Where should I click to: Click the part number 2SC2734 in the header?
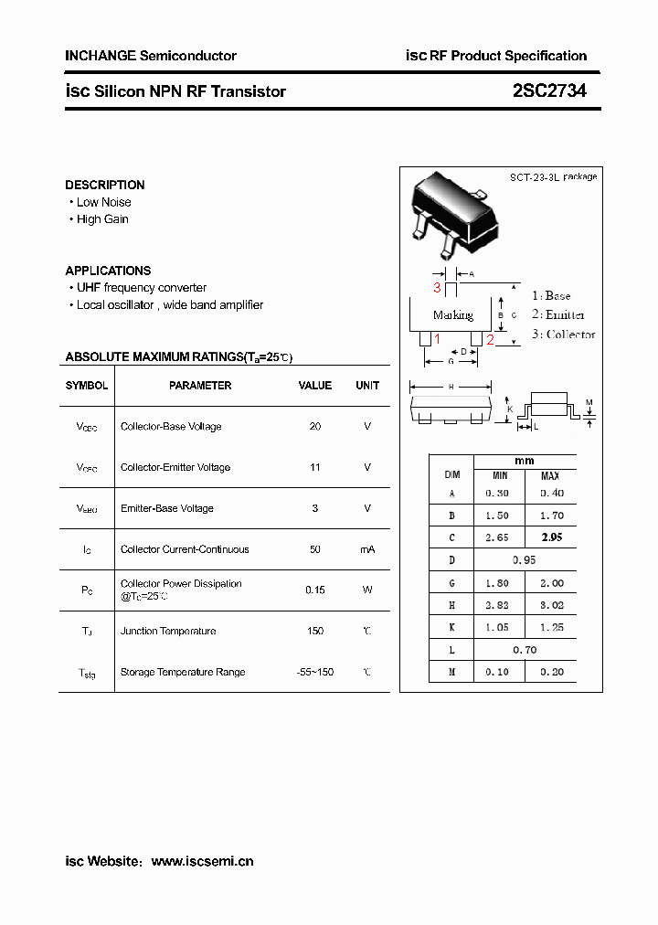[x=548, y=91]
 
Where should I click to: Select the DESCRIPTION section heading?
[x=105, y=185]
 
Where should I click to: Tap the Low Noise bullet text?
[x=103, y=202]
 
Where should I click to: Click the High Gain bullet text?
[x=102, y=219]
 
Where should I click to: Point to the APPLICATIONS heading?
[x=108, y=271]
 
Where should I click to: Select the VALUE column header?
[x=315, y=386]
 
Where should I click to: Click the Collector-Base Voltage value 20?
[x=315, y=427]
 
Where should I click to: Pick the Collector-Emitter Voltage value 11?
[x=315, y=468]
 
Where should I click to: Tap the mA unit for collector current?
[x=367, y=549]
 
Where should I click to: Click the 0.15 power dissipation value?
[x=315, y=590]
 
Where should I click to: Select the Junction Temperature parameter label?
[x=168, y=631]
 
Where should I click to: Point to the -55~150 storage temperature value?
[x=315, y=672]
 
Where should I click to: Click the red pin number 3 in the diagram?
[x=438, y=288]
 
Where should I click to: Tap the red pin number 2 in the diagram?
[x=490, y=340]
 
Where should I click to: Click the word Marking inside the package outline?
[x=453, y=315]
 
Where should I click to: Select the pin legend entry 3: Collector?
[x=563, y=335]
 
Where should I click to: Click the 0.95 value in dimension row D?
[x=524, y=560]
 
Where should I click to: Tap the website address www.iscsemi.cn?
[x=202, y=861]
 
